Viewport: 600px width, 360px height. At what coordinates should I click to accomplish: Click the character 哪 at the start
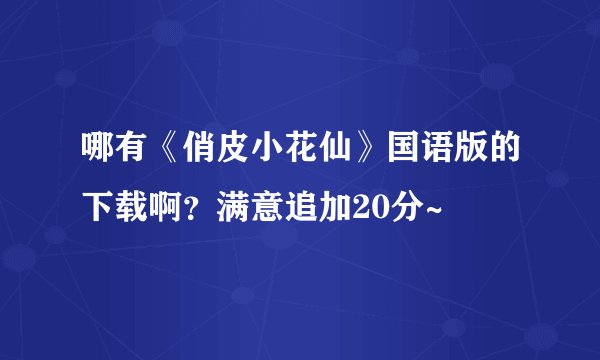click(97, 153)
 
